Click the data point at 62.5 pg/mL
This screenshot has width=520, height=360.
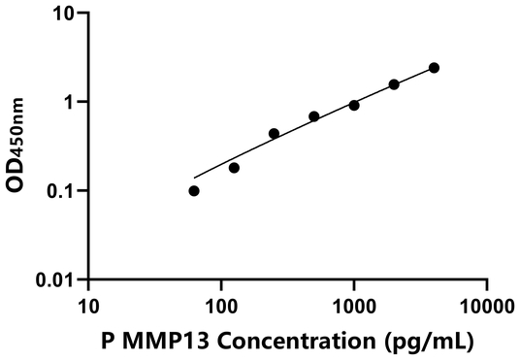[x=194, y=191]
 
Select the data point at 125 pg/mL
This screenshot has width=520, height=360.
[x=234, y=168]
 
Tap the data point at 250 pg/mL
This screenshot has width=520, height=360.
[x=274, y=134]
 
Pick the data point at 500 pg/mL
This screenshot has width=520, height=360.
[x=314, y=116]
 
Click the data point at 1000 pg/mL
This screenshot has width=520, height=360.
[x=354, y=105]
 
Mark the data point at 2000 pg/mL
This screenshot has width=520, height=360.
[x=394, y=84]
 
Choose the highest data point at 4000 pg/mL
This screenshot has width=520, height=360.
[x=434, y=68]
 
